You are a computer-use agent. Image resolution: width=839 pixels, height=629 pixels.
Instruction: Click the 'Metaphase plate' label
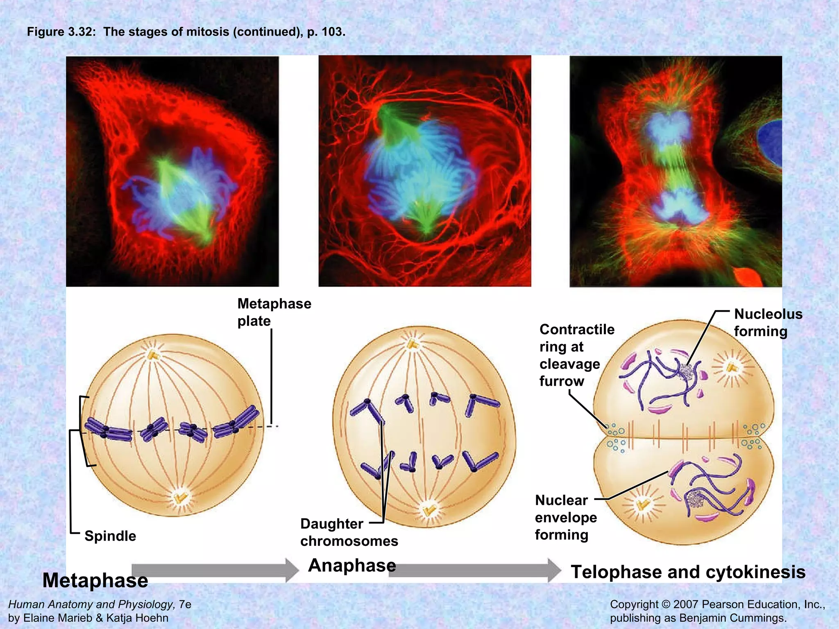(274, 312)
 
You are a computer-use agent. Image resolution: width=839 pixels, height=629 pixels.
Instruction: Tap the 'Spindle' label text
(110, 536)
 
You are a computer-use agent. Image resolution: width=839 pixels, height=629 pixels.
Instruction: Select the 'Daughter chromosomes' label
(349, 532)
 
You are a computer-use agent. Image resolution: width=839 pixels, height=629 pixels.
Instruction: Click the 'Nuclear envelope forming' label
(565, 518)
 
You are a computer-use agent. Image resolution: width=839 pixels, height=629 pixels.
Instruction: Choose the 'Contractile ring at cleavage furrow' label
(576, 355)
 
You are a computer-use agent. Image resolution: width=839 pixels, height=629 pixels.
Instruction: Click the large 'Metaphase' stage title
(95, 580)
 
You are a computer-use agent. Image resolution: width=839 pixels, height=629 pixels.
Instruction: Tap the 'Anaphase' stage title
(352, 565)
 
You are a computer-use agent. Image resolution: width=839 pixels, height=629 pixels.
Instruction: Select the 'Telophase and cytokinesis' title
(688, 572)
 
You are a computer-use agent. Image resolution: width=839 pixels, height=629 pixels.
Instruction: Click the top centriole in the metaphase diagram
(154, 355)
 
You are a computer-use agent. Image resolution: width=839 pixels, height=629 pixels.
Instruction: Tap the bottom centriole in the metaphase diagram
(180, 498)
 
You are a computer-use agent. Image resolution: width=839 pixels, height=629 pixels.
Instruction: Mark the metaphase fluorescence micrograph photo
(172, 171)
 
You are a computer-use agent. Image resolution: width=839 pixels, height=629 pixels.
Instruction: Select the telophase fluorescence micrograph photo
(676, 171)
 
